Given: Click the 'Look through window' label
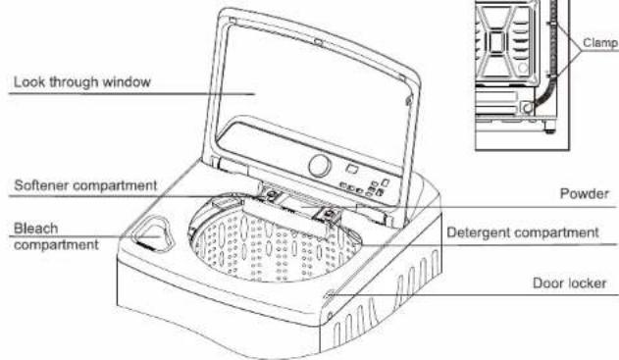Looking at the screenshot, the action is click(x=82, y=82).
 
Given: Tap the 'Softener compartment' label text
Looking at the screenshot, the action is click(x=85, y=185).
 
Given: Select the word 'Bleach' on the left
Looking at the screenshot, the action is click(x=36, y=229).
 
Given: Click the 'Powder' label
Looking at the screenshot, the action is click(x=585, y=194).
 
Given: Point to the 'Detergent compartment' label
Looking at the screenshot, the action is click(x=523, y=232).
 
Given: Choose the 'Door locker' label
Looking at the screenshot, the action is click(x=569, y=283).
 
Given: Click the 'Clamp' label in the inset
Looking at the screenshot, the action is click(x=600, y=42).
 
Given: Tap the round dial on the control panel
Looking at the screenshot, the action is click(x=320, y=166).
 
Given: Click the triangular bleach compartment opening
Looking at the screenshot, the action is click(x=153, y=233).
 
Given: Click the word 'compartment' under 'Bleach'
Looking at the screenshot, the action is click(x=56, y=245).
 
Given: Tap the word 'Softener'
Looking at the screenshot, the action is click(x=41, y=185).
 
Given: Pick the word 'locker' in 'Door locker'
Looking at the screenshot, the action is click(x=587, y=283).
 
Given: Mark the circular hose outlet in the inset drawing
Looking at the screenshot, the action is click(x=527, y=107).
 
